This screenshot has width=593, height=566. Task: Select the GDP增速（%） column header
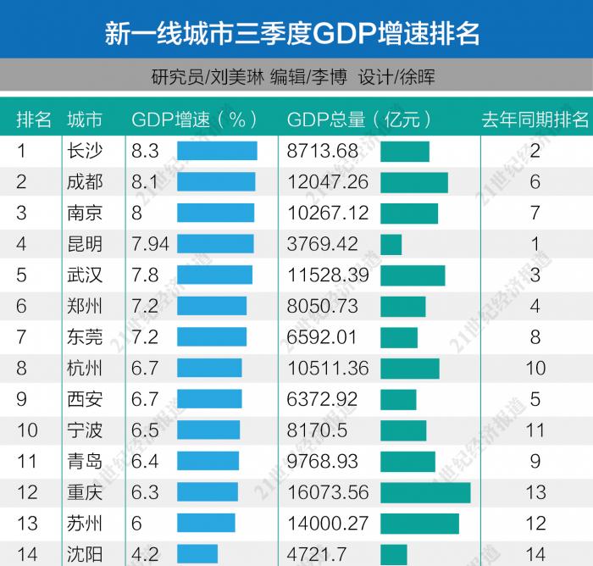[194, 119]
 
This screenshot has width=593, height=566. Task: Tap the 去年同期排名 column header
[535, 119]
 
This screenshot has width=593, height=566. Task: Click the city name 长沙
[85, 151]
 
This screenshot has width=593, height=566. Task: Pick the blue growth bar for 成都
[216, 182]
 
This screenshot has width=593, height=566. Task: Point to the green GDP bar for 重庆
[425, 493]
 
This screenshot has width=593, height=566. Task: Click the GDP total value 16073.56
[328, 493]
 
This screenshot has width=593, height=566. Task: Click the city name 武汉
[85, 275]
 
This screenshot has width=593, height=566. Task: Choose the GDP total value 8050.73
[322, 306]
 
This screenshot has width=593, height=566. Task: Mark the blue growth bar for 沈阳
[197, 555]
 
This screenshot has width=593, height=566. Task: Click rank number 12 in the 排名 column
[27, 493]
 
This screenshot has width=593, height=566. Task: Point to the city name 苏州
[85, 524]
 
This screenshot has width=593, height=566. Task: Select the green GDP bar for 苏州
[419, 524]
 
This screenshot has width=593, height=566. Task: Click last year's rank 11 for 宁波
[535, 430]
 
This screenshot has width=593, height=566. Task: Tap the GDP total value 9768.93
[322, 462]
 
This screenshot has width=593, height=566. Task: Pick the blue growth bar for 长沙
[217, 151]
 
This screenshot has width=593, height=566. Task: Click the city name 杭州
[85, 369]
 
